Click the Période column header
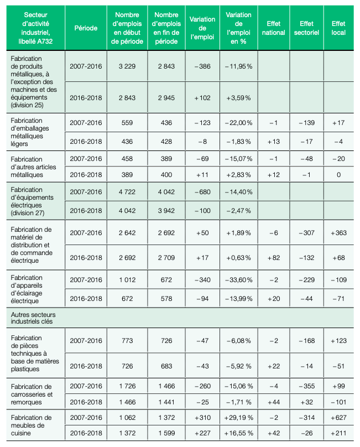coord(86,28)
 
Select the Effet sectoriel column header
coord(306,28)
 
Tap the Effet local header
coord(338,28)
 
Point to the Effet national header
coord(273,28)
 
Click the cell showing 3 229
coord(127,66)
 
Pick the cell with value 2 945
coord(166,98)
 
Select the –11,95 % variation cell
coord(238,66)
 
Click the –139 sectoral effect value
coord(306,123)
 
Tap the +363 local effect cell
coord(338,233)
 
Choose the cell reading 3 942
coord(166,211)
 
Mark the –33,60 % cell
coord(238,280)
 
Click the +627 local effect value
coord(338,418)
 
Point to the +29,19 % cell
coord(238,418)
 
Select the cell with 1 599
coord(167,433)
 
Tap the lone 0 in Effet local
coord(338,175)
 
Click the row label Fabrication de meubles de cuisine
coord(32,425)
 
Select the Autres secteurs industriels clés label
coord(33,318)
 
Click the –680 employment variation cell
coord(202,192)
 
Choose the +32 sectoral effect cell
coord(306,402)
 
